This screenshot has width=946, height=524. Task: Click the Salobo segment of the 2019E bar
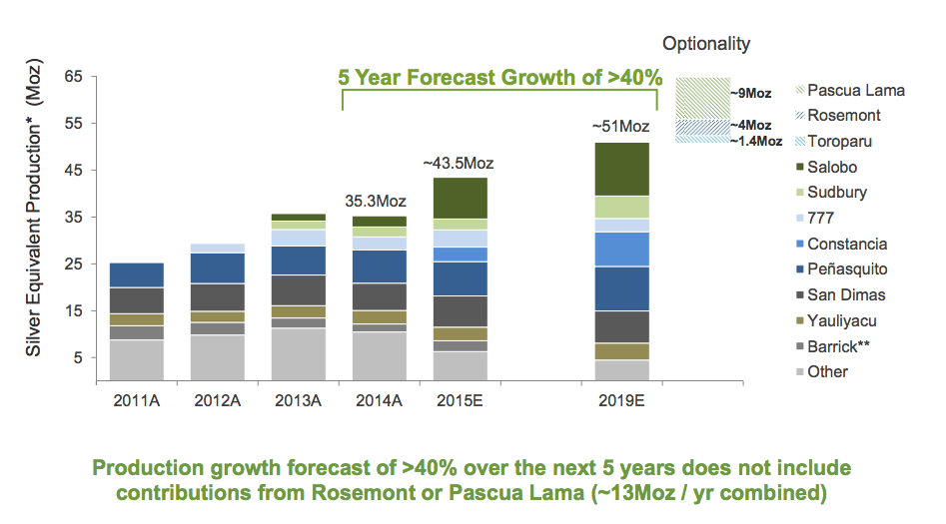tap(620, 169)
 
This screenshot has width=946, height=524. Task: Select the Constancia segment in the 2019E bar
tap(620, 249)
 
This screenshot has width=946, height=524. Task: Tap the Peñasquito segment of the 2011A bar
tap(137, 274)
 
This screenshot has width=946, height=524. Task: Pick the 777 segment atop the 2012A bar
tap(219, 248)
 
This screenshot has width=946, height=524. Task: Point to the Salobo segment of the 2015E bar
tap(460, 198)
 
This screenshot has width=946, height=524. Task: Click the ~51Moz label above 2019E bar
tap(620, 127)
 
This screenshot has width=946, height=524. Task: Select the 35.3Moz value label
tap(377, 201)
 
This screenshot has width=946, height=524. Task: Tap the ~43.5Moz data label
tap(459, 163)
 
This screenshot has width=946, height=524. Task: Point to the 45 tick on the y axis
tap(74, 170)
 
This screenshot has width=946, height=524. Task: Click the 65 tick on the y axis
tap(74, 77)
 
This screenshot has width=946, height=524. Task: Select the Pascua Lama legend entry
tap(855, 90)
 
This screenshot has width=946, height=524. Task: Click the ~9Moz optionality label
tap(750, 93)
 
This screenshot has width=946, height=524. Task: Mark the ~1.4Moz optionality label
tap(755, 142)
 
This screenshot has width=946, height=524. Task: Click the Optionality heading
tap(706, 44)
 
